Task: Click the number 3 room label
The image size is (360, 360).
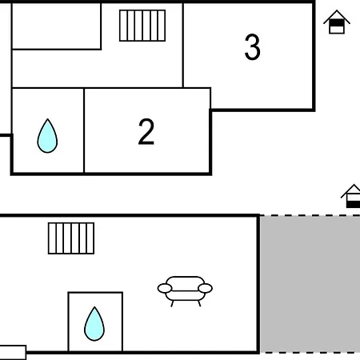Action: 252,47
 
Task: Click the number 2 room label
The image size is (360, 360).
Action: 146,132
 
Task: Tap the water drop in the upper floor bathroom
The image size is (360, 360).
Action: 47,136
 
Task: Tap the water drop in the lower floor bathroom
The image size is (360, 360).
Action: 94,324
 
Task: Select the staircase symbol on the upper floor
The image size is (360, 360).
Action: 142,26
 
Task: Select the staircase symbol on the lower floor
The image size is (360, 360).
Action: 71,238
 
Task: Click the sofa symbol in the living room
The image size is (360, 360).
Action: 185,291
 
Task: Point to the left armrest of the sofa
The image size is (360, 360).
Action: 165,288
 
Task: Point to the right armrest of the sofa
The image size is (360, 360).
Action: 206,288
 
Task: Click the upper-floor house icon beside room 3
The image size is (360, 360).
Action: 337,22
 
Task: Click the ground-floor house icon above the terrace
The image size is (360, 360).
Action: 350,196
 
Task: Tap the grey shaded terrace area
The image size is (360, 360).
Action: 310,284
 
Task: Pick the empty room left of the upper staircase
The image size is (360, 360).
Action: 57,26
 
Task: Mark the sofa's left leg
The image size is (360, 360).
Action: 172,303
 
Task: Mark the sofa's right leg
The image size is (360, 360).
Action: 199,303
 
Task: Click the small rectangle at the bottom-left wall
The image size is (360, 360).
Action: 13,353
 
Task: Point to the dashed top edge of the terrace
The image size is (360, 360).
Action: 310,215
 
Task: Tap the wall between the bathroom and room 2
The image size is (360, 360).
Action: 84,130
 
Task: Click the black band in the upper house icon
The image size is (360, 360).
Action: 337,23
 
